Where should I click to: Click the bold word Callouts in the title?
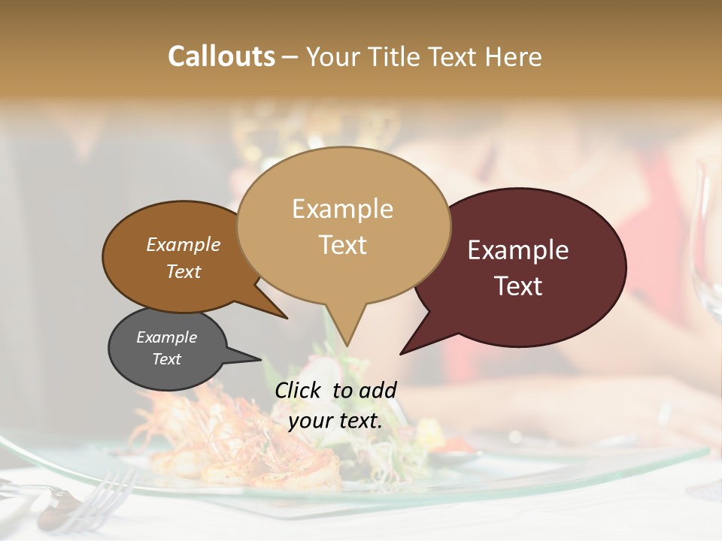(x=221, y=56)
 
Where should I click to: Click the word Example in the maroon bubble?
(x=518, y=250)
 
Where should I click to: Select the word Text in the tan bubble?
(x=343, y=245)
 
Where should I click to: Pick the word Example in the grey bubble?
(x=166, y=337)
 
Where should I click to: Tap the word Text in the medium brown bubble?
(x=184, y=271)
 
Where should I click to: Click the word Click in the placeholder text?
(x=299, y=390)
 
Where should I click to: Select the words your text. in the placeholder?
(x=335, y=421)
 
